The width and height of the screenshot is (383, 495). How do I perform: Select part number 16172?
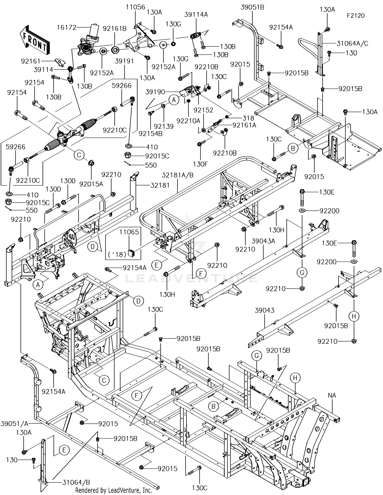[67, 27]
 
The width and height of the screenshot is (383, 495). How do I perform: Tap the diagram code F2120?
[356, 16]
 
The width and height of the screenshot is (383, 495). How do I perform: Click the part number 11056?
[135, 7]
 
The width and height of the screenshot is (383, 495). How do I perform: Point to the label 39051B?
[252, 7]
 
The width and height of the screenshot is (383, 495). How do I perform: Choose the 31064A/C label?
[352, 43]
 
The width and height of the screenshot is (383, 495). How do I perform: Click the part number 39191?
[124, 61]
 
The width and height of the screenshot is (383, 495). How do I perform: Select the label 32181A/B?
[177, 175]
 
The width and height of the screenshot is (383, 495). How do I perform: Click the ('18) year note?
[117, 254]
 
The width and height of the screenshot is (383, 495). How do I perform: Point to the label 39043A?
[263, 241]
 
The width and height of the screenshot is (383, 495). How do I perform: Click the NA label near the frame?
[332, 395]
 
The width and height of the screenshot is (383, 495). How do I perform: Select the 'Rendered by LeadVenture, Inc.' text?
[114, 490]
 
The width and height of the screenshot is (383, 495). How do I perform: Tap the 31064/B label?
[76, 482]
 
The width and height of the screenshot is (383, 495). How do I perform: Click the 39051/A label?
[15, 424]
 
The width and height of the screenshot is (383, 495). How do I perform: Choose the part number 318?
[248, 118]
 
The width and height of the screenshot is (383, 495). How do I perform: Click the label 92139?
[164, 126]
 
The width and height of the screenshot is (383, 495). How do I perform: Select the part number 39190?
[155, 92]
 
